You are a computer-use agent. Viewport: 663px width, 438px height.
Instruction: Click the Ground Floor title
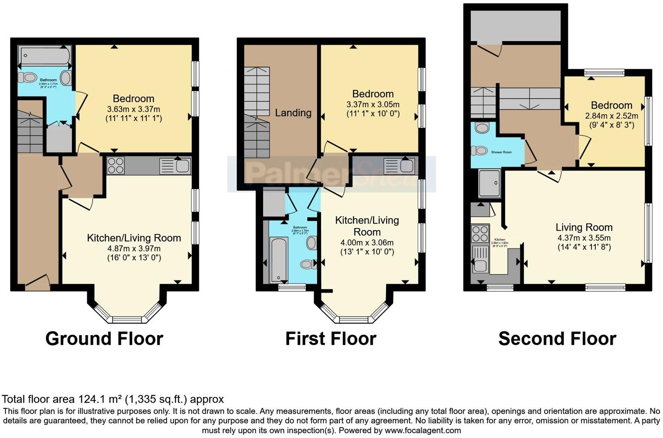[x=104, y=339]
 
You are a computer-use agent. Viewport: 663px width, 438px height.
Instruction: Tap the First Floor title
[x=331, y=339]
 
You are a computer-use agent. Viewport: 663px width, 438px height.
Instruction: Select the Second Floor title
[x=557, y=339]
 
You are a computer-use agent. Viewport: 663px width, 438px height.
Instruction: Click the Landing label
[x=293, y=113]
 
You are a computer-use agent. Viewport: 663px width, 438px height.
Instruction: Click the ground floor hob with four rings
[x=116, y=166]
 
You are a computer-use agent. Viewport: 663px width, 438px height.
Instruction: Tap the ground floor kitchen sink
[x=175, y=166]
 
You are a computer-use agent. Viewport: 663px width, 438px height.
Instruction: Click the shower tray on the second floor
[x=489, y=183]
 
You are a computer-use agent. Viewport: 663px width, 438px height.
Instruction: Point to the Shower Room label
[x=501, y=152]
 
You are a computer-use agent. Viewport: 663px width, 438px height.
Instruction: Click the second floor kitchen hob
[x=480, y=233]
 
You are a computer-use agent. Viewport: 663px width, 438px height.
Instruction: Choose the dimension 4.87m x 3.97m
[x=134, y=248]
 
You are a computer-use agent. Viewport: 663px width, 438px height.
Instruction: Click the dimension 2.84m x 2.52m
[x=611, y=116]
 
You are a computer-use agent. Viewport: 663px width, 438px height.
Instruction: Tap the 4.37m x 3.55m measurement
[x=584, y=238]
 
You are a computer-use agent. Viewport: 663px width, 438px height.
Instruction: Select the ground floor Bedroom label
[x=133, y=98]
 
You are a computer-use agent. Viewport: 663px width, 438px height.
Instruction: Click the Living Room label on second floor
[x=584, y=227]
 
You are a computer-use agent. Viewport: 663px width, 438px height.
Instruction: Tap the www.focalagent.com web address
[x=422, y=431]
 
